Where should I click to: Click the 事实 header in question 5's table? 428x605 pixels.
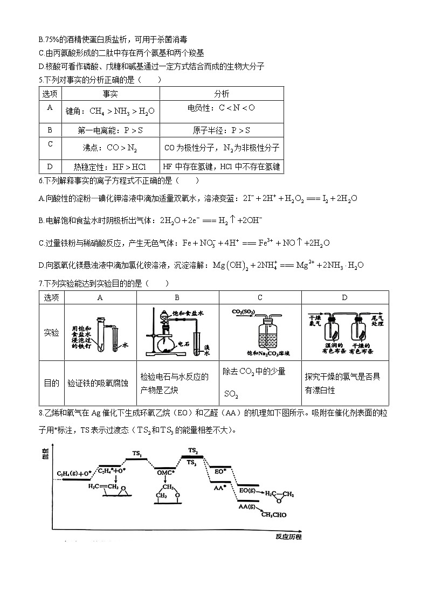pos(110,94)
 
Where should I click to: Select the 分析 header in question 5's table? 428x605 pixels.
pos(222,94)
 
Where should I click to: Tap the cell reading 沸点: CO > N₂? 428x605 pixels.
pos(110,147)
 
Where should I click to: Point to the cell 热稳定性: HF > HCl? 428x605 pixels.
pos(110,167)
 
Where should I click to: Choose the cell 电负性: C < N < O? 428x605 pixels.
pos(222,108)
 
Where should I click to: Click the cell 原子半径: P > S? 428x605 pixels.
pos(222,130)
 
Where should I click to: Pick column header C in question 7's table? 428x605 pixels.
pos(260,297)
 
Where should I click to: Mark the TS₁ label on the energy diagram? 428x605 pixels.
pos(137,454)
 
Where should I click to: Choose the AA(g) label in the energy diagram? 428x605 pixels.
pos(247,506)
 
